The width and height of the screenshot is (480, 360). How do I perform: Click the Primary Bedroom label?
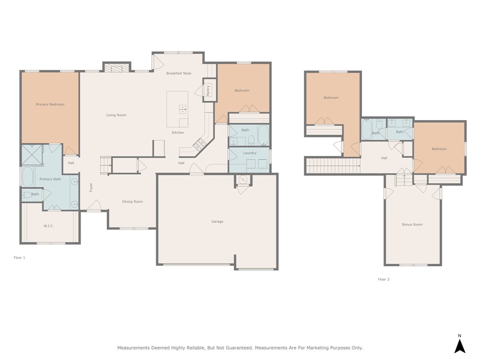(50, 105)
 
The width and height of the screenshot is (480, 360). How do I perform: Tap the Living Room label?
(116, 115)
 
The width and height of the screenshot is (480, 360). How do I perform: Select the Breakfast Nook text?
(179, 73)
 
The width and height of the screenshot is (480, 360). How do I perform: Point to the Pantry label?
(208, 90)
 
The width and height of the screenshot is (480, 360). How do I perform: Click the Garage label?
(217, 221)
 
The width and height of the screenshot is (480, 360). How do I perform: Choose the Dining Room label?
(133, 202)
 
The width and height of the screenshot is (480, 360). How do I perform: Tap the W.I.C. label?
(49, 226)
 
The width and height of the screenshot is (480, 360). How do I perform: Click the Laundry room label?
(250, 153)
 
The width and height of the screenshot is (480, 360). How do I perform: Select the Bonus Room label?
(412, 225)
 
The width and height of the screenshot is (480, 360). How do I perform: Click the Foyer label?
(91, 187)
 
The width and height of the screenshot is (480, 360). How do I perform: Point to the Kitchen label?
(178, 133)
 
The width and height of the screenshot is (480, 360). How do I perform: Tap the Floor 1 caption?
(19, 257)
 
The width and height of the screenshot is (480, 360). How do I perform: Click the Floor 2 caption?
(383, 279)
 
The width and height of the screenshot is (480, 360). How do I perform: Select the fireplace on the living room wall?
(116, 67)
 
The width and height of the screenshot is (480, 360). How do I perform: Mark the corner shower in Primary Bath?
(32, 155)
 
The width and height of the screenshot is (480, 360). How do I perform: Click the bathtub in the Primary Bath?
(28, 177)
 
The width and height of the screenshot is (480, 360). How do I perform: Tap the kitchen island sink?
(182, 109)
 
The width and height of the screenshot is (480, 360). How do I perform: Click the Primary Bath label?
(50, 179)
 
